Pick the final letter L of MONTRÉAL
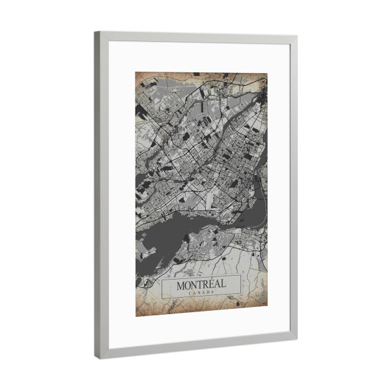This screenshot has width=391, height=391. pyautogui.click(x=224, y=284)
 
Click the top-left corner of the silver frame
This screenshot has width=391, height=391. pyautogui.click(x=96, y=32)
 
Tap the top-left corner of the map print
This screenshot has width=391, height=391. pyautogui.click(x=136, y=72)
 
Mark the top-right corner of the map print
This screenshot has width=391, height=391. pyautogui.click(x=267, y=74)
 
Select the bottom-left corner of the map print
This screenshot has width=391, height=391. pyautogui.click(x=136, y=316)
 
